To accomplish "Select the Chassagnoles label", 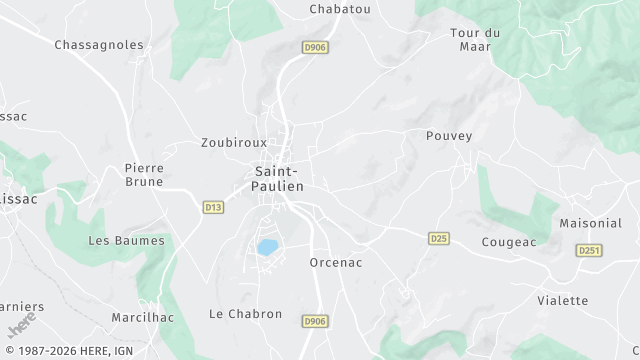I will click(x=99, y=45).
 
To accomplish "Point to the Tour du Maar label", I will click(x=475, y=39).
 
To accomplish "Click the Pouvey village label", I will click(x=449, y=135).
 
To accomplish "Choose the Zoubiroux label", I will click(x=234, y=143).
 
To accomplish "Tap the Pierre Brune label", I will click(x=144, y=175).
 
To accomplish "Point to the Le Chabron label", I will click(x=245, y=314).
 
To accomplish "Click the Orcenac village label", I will click(x=335, y=263).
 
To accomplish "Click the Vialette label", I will click(x=563, y=300).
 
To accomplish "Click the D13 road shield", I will click(x=213, y=207).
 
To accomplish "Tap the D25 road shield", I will click(x=438, y=238).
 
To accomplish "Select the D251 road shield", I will click(x=589, y=250).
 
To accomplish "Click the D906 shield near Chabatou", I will click(x=315, y=47).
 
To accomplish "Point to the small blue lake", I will click(x=268, y=246).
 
